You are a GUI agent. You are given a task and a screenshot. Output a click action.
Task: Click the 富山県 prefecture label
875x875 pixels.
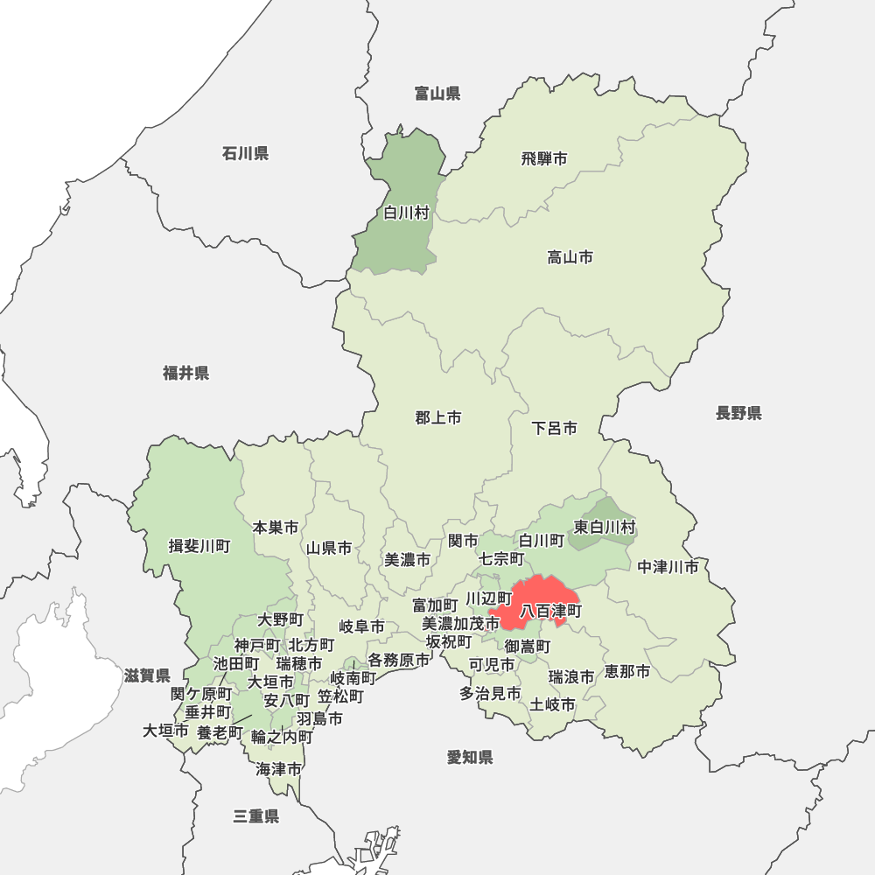click(x=437, y=94)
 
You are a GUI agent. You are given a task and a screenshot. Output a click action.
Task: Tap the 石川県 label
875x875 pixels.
click(x=245, y=154)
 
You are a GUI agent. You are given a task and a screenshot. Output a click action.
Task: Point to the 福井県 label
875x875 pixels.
click(x=186, y=374)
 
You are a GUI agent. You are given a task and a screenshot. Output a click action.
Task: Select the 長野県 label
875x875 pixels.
click(x=738, y=413)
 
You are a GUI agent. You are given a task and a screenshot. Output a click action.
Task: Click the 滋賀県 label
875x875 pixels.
click(x=147, y=675)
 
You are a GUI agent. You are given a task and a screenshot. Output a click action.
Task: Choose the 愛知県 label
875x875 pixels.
click(x=470, y=757)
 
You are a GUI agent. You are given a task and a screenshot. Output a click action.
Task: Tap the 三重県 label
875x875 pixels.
click(x=256, y=816)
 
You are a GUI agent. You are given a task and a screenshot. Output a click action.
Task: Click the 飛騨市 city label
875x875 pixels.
click(x=544, y=158)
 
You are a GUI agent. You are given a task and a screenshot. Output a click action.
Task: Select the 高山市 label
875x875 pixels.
click(x=570, y=257)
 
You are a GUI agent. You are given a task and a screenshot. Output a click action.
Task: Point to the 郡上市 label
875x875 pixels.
click(x=438, y=418)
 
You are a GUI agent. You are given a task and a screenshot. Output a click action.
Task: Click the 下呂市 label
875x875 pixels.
click(x=555, y=429)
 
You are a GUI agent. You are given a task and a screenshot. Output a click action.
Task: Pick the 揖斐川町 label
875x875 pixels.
click(x=199, y=547)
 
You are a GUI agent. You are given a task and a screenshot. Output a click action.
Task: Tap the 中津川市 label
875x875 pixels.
click(x=668, y=567)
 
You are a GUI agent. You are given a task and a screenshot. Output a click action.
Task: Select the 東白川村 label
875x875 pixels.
click(x=605, y=527)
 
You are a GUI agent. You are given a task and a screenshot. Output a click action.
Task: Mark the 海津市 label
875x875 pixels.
click(x=279, y=769)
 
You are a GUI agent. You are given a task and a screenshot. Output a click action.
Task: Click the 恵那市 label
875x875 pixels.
click(x=627, y=672)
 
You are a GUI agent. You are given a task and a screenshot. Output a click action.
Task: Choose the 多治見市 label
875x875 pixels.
click(x=491, y=693)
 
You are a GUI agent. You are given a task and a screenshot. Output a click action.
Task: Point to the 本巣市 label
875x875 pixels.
click(x=276, y=528)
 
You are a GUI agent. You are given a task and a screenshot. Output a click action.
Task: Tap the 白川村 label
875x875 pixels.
click(x=407, y=213)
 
